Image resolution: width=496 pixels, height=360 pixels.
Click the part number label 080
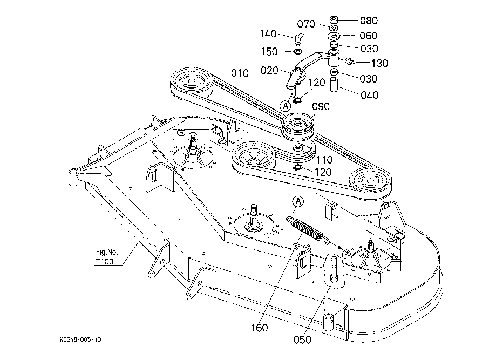369,21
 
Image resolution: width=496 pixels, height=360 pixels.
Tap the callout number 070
306,24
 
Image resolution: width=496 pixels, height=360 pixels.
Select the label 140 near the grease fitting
268,33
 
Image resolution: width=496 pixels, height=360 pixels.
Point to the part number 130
379,63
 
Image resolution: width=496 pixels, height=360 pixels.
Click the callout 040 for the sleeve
370,95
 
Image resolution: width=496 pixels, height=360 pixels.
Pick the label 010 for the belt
240,73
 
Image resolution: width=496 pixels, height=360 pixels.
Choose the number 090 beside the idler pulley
321,106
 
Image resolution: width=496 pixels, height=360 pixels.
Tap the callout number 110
324,159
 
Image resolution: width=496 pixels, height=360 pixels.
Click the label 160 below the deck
260,328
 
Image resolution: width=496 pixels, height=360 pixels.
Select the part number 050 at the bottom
302,339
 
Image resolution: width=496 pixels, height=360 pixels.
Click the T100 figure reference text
105,262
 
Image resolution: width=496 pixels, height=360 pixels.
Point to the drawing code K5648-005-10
80,339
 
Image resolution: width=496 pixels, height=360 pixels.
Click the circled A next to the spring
298,201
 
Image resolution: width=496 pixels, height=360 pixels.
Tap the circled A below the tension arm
286,106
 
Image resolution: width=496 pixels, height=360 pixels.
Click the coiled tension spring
308,230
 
